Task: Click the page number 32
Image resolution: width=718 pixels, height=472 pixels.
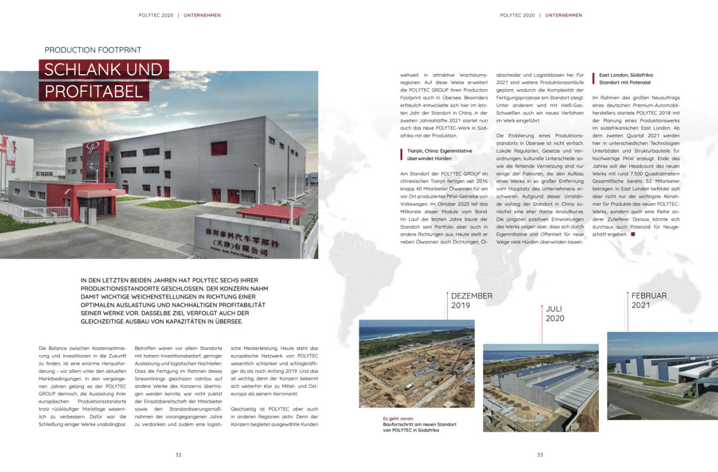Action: click(178, 455)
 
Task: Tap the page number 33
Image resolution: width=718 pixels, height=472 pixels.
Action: click(540, 455)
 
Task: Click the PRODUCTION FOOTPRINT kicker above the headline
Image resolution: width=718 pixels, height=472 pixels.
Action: click(93, 50)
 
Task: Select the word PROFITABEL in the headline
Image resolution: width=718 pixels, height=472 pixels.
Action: click(94, 91)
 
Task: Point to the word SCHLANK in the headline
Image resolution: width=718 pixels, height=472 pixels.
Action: click(78, 69)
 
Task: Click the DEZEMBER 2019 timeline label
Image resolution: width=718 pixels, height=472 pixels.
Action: click(472, 301)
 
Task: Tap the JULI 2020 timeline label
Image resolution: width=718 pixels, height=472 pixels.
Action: click(555, 313)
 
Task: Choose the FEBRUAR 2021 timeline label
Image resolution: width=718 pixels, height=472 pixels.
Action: click(649, 300)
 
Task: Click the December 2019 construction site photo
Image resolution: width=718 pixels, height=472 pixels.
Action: click(417, 364)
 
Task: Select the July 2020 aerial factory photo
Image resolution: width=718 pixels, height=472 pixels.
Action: click(541, 388)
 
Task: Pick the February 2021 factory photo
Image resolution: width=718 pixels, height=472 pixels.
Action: click(662, 375)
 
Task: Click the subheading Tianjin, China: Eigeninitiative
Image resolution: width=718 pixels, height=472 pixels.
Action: click(436, 152)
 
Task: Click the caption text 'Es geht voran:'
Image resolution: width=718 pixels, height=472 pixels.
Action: click(398, 419)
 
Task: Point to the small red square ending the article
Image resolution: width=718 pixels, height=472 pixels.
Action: click(633, 234)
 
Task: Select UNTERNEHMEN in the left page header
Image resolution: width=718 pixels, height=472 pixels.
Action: click(202, 15)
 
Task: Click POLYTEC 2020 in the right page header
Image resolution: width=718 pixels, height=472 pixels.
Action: click(517, 15)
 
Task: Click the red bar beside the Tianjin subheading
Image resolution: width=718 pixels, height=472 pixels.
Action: click(401, 155)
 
